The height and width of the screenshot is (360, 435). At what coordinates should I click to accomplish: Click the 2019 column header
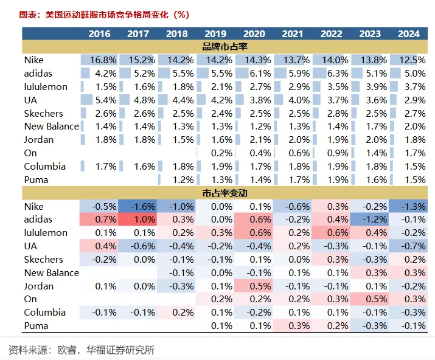(215, 34)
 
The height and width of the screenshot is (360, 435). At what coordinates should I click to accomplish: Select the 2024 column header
(408, 34)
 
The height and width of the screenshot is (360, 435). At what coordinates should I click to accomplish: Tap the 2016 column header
(99, 34)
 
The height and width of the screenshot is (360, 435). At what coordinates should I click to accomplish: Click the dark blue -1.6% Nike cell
(138, 207)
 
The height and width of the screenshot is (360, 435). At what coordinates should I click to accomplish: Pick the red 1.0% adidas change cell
(138, 220)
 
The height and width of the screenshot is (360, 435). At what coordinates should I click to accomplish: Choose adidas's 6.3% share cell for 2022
(332, 74)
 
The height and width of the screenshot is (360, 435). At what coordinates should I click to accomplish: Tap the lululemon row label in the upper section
(46, 86)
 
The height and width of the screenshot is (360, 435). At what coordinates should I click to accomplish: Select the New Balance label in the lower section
(52, 273)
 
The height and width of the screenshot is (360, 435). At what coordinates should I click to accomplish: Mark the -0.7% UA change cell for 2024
(409, 246)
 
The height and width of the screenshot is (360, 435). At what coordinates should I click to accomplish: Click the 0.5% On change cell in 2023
(371, 299)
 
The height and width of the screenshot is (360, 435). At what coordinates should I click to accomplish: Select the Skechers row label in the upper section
(43, 113)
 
